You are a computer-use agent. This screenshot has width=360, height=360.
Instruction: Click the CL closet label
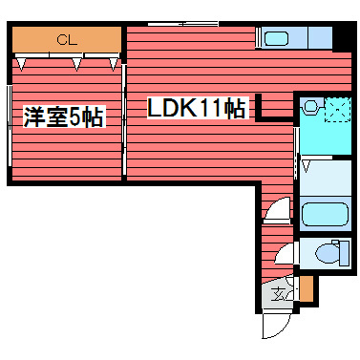(66, 40)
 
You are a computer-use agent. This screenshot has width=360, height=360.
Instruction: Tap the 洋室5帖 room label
(63, 118)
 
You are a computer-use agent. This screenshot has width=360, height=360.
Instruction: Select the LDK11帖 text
(197, 109)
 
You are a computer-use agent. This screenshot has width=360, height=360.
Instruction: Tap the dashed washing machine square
(335, 110)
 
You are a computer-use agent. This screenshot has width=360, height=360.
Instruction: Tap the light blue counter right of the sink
(313, 39)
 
